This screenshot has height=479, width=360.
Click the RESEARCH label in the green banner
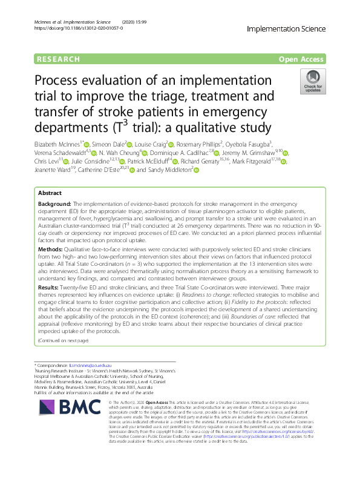coord(58,59)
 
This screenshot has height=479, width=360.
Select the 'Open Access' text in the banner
coord(304,59)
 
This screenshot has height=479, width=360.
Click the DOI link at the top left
coord(74,28)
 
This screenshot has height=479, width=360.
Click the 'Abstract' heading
coord(50,193)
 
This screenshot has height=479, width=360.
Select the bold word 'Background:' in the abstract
coord(55,203)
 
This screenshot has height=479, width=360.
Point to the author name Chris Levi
coord(46,162)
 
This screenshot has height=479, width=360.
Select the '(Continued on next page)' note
coord(63,340)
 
